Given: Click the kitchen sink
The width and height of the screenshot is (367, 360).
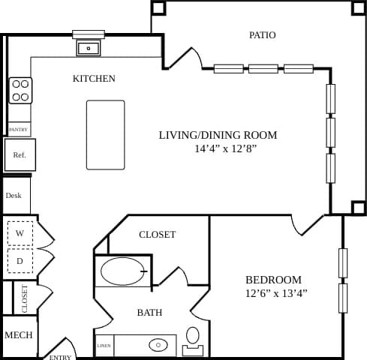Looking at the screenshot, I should coord(89,49).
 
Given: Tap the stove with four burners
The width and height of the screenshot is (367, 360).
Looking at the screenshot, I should coord(20,91).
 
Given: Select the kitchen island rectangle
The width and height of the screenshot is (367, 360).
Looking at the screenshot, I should coord(106,135).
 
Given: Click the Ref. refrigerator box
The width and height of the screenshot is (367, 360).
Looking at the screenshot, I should coord(20,155).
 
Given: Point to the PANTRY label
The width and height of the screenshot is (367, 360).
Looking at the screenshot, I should coord(18,130).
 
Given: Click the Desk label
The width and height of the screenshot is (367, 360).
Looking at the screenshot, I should coord(14,196).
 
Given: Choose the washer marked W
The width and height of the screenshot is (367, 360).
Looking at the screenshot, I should coord(20,233).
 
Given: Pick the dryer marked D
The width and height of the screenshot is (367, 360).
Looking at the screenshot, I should coord(20,261).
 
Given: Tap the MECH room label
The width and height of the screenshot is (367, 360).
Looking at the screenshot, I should coord(19,334).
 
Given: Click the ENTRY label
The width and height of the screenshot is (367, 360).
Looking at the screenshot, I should coord(60,357).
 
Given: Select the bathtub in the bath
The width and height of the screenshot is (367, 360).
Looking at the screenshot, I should coord(123,271).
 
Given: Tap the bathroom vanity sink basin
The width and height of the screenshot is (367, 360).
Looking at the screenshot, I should coord(158,345).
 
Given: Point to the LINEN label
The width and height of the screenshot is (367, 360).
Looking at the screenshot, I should coord(104,346).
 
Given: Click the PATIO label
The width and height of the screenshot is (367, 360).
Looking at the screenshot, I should coord(262,35).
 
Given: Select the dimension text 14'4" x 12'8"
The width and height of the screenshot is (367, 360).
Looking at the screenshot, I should coord(218,148).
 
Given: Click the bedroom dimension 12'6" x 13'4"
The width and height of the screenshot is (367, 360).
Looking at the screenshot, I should coord(276,293).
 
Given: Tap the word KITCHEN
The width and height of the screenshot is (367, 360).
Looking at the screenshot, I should coord(94,79).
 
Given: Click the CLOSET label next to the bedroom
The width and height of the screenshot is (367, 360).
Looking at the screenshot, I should coord(158,235).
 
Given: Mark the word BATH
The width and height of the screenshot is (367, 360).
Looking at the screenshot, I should coord(149,313).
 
